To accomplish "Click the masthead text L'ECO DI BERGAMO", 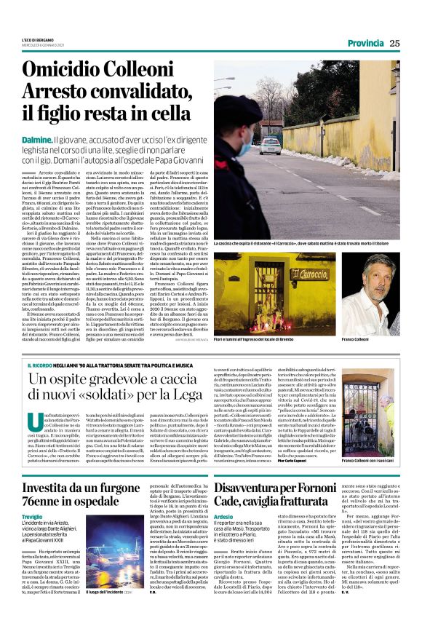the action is click(x=38, y=40).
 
